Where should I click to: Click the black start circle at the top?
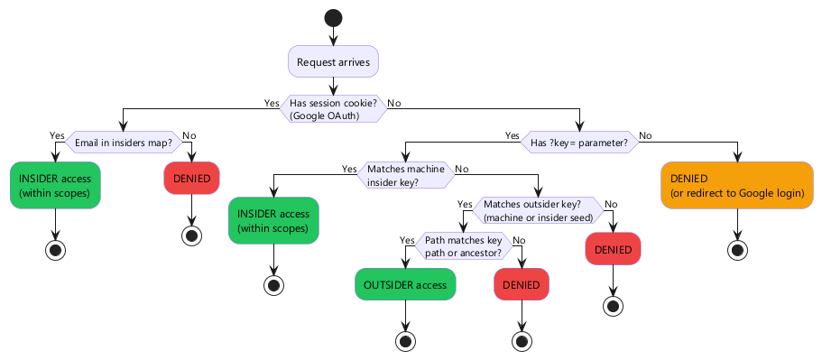click(x=333, y=17)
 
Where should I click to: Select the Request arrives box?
click(x=333, y=62)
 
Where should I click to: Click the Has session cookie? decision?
click(x=333, y=108)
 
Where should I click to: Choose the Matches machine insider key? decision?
click(x=405, y=175)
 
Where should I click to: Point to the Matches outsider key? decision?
click(x=538, y=210)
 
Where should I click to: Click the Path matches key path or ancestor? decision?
click(x=464, y=246)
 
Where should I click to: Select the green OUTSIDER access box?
click(x=405, y=285)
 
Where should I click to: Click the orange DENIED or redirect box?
click(x=737, y=184)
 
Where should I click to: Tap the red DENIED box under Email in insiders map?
click(x=191, y=178)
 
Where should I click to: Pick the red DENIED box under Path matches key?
click(x=521, y=285)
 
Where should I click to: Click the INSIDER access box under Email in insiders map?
click(x=56, y=184)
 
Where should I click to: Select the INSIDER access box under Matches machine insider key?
click(x=273, y=220)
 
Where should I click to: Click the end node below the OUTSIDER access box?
click(x=405, y=341)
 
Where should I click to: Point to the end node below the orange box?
click(x=737, y=250)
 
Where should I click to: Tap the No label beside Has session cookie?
click(x=394, y=102)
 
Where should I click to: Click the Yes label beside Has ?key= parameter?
click(x=512, y=135)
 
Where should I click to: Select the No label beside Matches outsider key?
click(x=611, y=204)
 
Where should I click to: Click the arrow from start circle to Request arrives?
click(x=333, y=35)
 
